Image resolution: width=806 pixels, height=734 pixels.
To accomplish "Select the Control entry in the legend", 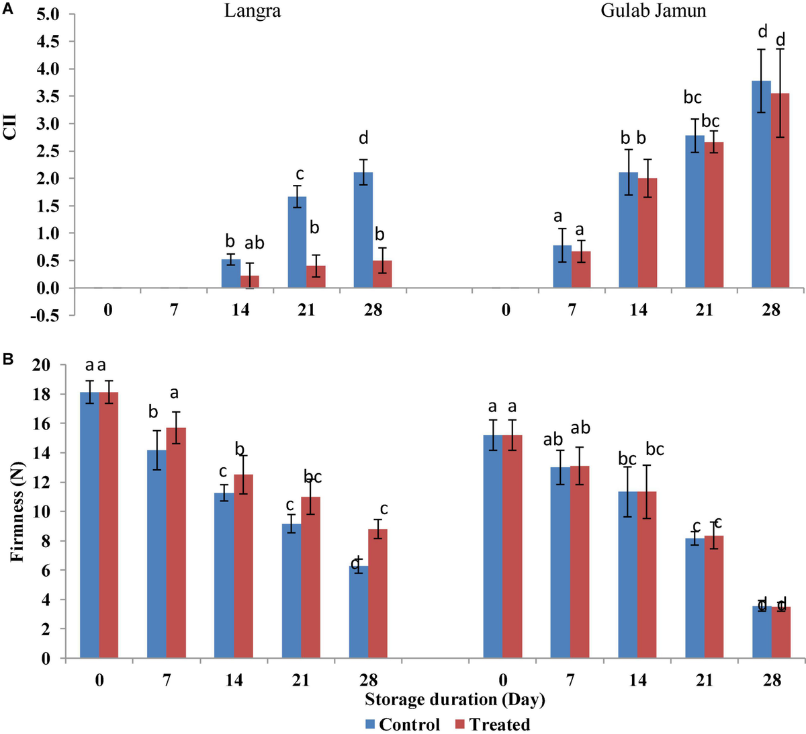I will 402,724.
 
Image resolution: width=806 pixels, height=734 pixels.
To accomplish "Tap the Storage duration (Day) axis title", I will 455,700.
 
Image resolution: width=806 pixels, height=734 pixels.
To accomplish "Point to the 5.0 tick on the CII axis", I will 49,14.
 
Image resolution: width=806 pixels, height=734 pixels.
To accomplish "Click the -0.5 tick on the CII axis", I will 47,316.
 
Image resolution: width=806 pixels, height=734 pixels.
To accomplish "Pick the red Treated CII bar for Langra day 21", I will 316,277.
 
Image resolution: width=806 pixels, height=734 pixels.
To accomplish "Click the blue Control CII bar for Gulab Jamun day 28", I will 761,185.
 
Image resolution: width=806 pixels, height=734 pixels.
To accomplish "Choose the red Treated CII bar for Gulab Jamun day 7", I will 580,270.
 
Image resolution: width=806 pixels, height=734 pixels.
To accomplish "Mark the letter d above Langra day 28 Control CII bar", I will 363,139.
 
